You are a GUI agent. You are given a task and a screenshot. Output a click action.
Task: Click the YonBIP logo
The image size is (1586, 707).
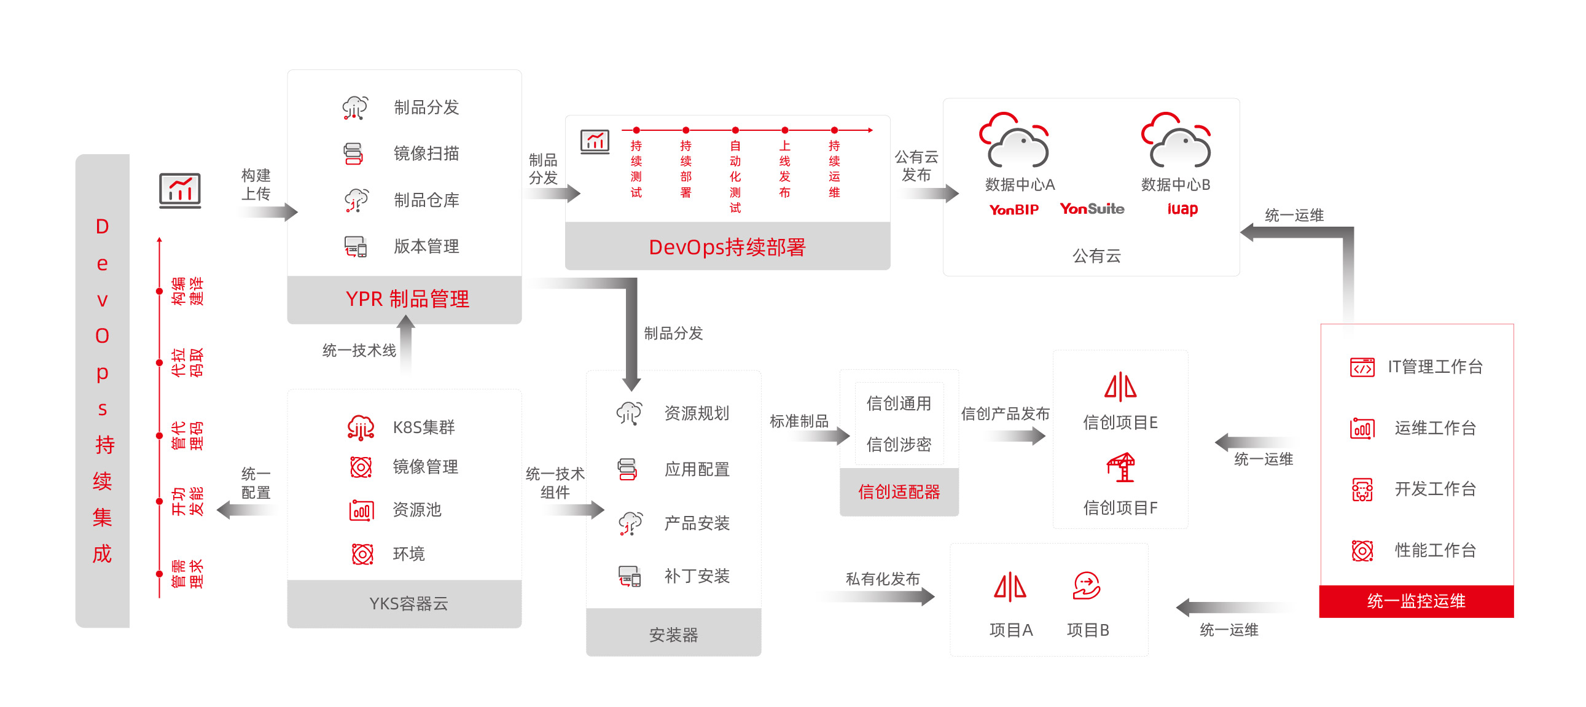pos(1014,209)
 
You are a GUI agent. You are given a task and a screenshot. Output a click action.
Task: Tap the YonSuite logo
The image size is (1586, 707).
pos(1092,209)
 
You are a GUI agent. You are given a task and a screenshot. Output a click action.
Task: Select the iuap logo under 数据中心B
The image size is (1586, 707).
pos(1182,209)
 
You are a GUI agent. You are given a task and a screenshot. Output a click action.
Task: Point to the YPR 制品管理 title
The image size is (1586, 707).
pos(407,299)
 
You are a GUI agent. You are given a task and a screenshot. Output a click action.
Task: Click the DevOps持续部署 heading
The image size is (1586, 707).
pos(727,247)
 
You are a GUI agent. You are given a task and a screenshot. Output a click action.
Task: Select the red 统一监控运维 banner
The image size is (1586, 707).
pos(1415,601)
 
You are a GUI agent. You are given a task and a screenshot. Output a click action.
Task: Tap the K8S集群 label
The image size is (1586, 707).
pos(424,427)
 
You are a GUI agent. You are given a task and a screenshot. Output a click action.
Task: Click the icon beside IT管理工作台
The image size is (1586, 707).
pos(1362,367)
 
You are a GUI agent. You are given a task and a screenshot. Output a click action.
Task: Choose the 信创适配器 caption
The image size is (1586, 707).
pos(899,491)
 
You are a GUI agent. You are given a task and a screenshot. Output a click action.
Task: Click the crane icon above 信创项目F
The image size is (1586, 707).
pos(1120,467)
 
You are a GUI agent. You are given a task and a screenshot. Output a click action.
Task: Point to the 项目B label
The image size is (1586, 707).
pos(1088,630)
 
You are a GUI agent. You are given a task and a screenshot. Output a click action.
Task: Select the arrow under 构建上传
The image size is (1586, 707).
pos(268,213)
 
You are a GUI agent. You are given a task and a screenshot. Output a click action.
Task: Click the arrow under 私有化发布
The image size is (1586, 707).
pos(880,596)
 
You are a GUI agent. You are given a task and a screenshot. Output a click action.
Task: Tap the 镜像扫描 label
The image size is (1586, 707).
pos(426,154)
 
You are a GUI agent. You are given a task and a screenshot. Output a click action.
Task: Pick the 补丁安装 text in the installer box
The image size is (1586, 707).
pos(697,576)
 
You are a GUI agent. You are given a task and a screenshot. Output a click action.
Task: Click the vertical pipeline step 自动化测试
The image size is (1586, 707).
pos(735,176)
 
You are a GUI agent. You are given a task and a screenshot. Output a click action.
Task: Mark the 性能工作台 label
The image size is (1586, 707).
pos(1435,550)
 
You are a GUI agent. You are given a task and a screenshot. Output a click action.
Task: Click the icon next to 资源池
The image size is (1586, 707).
pos(361,510)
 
